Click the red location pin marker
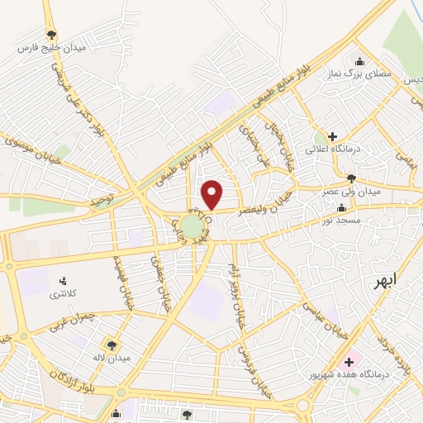coord(212,194)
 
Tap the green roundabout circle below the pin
coord(193,227)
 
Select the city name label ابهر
coord(384,279)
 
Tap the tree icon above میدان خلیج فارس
coord(51,35)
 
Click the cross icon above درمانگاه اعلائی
coord(332,136)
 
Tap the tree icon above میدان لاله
coord(111,345)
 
